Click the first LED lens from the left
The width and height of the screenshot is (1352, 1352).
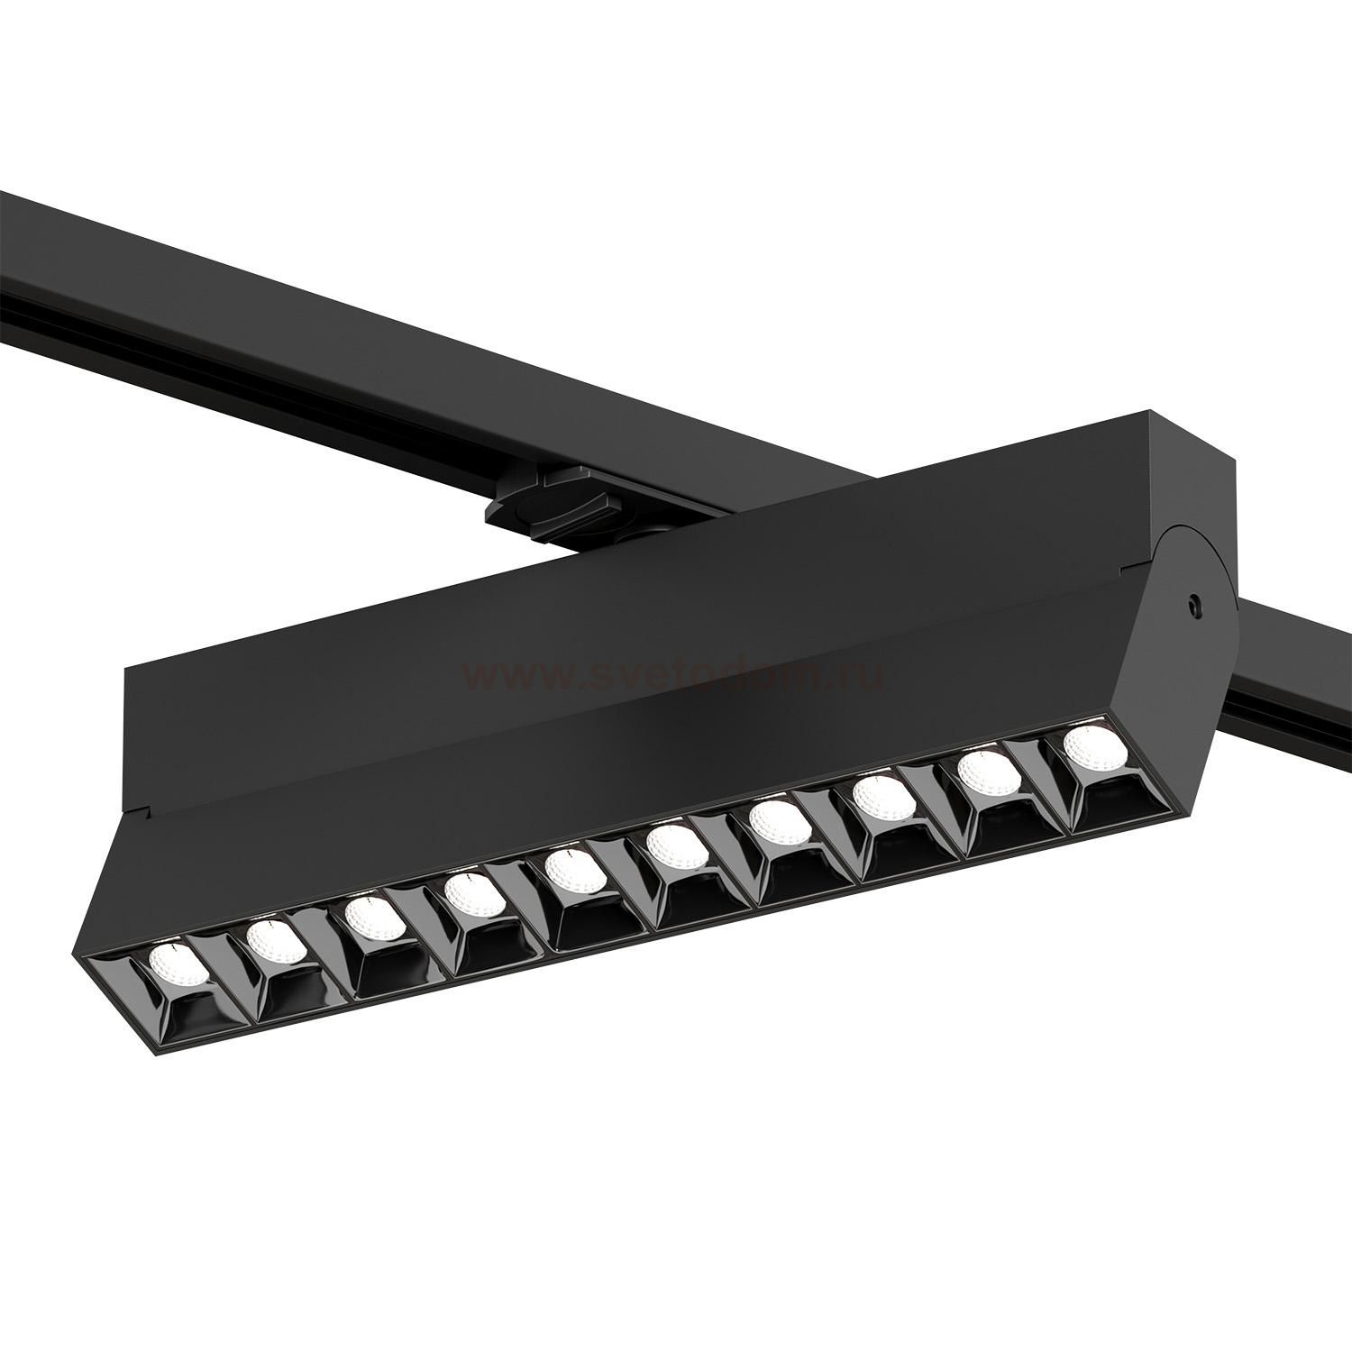point(169,967)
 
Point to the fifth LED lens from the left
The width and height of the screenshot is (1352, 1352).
point(571,869)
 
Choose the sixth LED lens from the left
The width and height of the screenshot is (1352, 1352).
point(671,844)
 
